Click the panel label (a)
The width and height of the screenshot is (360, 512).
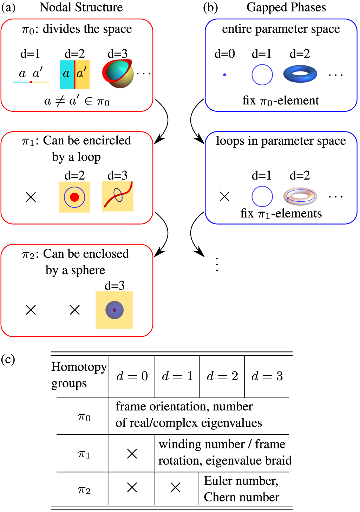(x=8, y=7)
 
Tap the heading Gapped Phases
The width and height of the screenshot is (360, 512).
(x=286, y=7)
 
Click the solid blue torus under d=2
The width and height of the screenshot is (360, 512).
(x=300, y=74)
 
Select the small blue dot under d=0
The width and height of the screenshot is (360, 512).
(x=224, y=74)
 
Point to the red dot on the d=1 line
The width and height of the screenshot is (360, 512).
(x=31, y=82)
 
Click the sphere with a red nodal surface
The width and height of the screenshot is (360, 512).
(x=118, y=73)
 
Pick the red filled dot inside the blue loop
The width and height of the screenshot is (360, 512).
(x=74, y=197)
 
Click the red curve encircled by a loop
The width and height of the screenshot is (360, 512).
(x=118, y=196)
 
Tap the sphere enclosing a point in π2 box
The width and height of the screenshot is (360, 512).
(x=114, y=310)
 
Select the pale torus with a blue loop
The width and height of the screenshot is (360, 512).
(x=300, y=196)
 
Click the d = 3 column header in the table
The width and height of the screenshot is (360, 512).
(x=267, y=376)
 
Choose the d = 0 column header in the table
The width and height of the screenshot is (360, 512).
(x=132, y=376)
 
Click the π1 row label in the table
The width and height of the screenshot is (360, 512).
(x=84, y=454)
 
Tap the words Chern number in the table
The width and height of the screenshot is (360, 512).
(x=241, y=497)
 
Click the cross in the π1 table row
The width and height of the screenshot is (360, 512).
(x=132, y=454)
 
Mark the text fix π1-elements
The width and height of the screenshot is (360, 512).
(x=281, y=213)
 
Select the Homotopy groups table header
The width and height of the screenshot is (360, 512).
(x=79, y=375)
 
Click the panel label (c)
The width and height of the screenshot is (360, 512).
(x=8, y=359)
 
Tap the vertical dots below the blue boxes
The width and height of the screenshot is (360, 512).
(x=217, y=264)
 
